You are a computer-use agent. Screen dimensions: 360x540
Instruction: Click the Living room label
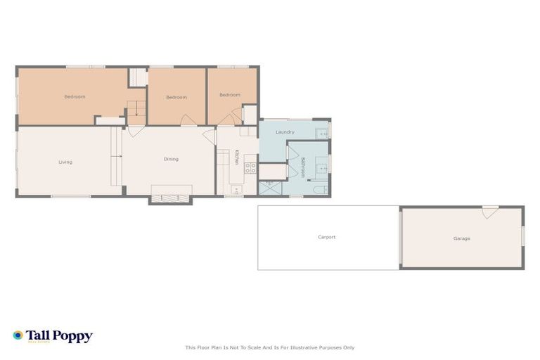click(65, 162)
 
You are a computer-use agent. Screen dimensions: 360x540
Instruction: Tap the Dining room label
click(171, 159)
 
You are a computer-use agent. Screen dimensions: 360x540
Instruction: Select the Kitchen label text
click(237, 158)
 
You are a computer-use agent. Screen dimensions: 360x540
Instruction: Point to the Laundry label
click(285, 131)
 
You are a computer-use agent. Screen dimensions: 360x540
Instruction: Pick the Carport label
click(327, 237)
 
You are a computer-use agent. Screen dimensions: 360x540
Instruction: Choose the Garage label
click(461, 238)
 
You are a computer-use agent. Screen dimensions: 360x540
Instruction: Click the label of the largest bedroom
click(75, 96)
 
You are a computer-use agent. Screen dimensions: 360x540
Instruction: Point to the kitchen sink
click(237, 190)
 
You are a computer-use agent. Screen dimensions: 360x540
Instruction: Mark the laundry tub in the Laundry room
click(322, 132)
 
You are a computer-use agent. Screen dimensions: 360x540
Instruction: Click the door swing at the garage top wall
click(490, 211)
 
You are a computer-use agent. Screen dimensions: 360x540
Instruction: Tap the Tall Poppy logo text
click(59, 336)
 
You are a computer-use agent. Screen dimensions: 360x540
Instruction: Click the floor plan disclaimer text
click(269, 347)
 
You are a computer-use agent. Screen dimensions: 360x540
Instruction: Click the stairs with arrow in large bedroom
click(136, 109)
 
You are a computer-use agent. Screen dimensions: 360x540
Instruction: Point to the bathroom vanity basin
click(321, 167)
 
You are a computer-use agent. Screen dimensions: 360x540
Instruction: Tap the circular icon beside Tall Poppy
click(18, 335)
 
